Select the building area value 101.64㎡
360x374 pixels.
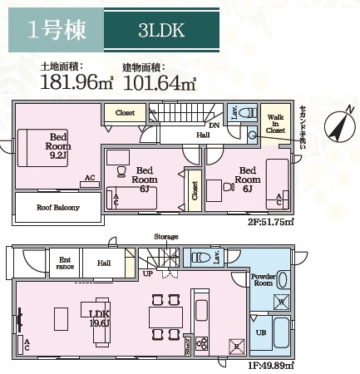pyautogui.click(x=160, y=81)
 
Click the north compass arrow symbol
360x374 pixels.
pyautogui.click(x=338, y=128)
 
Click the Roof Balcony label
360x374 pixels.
pyautogui.click(x=57, y=207)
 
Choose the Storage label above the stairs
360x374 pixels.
pyautogui.click(x=165, y=237)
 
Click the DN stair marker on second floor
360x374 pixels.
pyautogui.click(x=214, y=125)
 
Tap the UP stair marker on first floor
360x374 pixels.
pyautogui.click(x=148, y=273)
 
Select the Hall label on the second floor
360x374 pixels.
pyautogui.click(x=203, y=134)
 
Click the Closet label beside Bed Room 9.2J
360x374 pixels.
pyautogui.click(x=125, y=112)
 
